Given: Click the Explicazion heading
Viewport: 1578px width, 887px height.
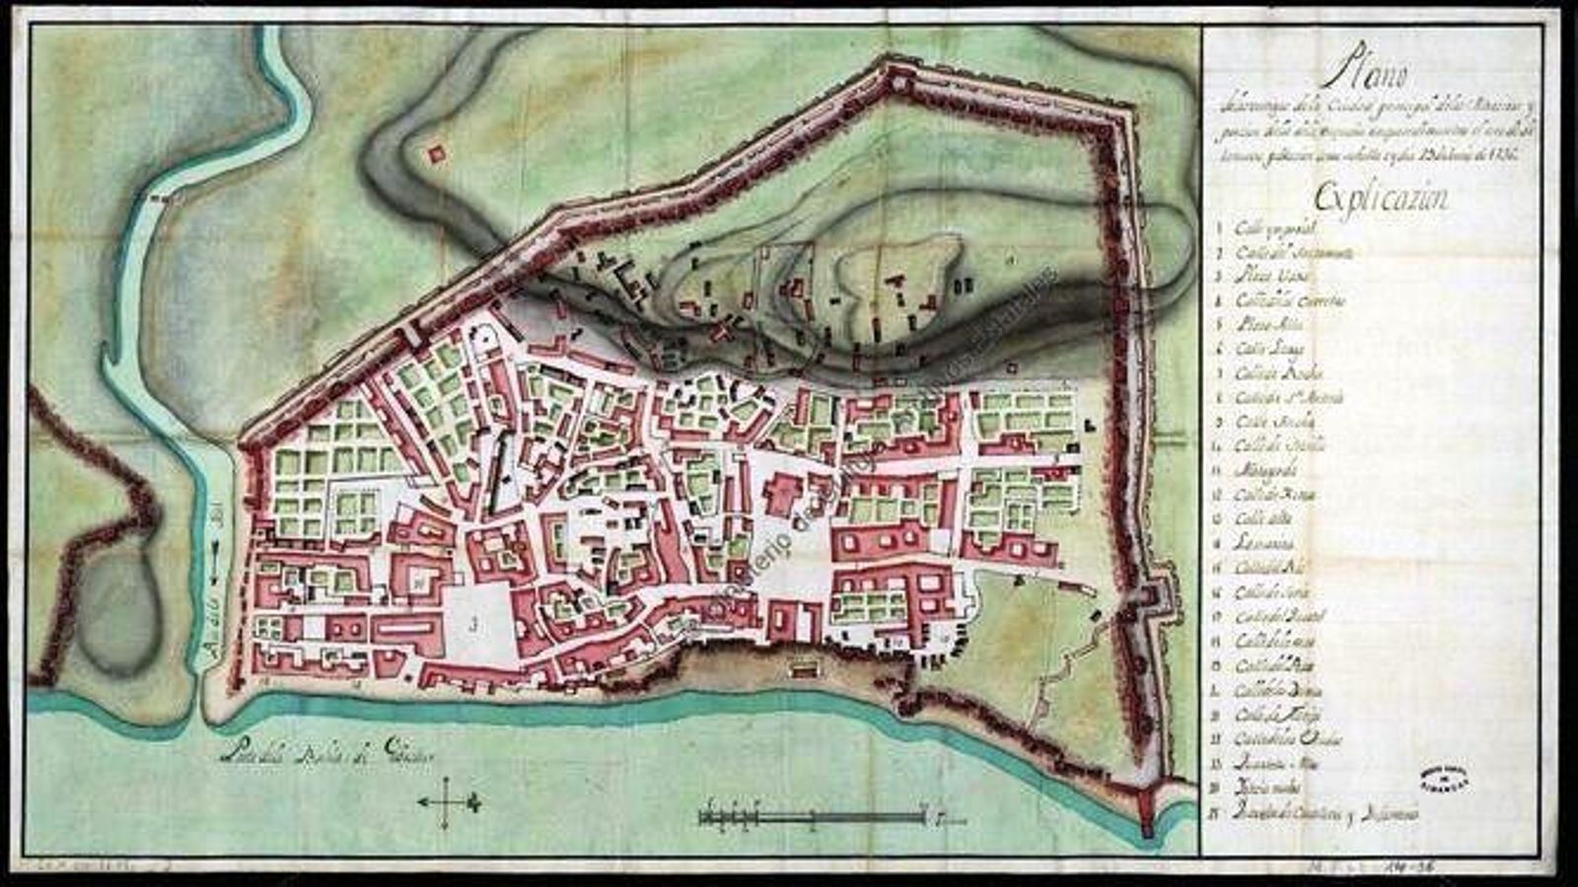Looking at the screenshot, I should [x=1381, y=197].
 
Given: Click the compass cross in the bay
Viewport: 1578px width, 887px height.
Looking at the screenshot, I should [x=449, y=801].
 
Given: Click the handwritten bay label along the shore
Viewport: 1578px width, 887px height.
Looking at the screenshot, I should [x=325, y=756].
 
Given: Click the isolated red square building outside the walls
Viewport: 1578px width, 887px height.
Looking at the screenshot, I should [x=435, y=154].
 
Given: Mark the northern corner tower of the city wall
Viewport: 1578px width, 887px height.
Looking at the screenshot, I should [x=896, y=76].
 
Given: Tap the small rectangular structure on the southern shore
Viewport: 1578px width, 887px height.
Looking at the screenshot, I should [x=802, y=669].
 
